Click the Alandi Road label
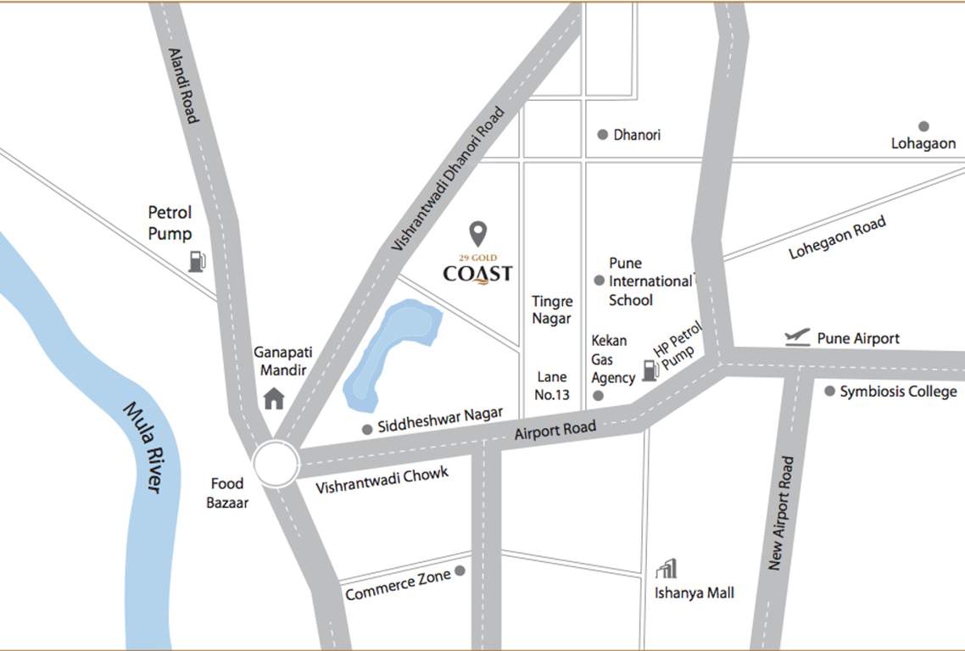coord(183,86)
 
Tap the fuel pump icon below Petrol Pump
coord(197,261)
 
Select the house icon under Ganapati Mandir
coord(274,398)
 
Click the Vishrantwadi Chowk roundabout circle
coord(276,465)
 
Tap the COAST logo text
coord(477,273)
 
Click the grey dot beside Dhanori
coord(603,135)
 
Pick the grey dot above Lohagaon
coord(923,126)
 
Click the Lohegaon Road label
coord(838,238)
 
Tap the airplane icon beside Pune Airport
coord(797,337)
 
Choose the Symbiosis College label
coord(898,392)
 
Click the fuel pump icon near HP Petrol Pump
coord(650,370)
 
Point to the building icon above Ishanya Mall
coord(667,568)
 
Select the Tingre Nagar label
coord(552,309)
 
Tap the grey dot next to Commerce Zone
coord(460,571)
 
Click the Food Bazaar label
coord(227,492)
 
